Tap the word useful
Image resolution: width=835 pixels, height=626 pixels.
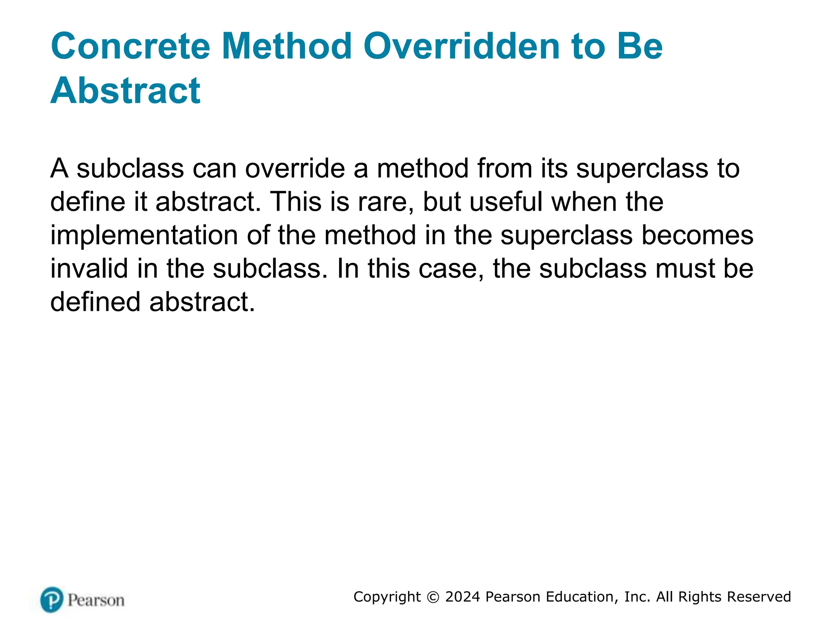point(506,202)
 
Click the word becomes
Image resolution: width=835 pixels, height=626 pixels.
point(697,236)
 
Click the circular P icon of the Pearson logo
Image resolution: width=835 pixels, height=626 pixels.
point(52,600)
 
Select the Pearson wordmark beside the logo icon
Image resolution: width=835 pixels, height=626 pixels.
point(96,600)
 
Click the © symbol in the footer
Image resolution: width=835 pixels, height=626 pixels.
point(433,597)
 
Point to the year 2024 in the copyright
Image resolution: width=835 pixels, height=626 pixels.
point(463,597)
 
